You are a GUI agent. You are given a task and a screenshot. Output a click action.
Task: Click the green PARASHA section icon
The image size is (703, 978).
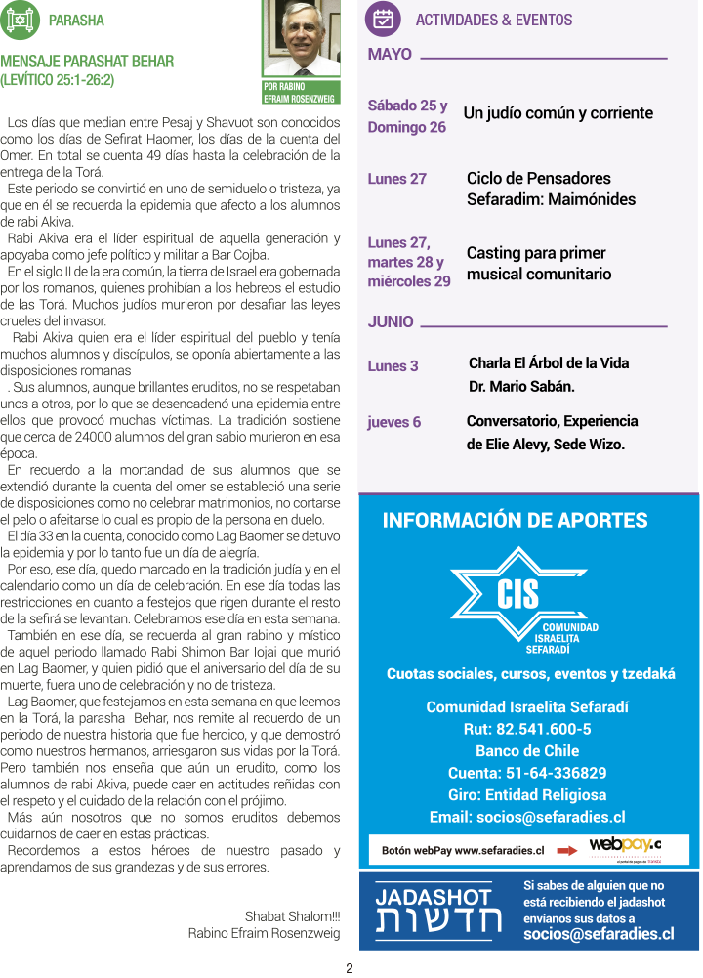point(21,20)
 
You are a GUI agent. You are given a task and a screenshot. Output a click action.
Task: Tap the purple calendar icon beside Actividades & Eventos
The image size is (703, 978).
point(383,20)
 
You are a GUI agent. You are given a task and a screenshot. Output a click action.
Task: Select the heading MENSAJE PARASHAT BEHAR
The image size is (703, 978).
point(87,62)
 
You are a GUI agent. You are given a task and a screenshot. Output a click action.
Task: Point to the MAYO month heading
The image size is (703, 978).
point(390,55)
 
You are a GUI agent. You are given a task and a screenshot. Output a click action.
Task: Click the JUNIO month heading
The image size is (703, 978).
point(391,321)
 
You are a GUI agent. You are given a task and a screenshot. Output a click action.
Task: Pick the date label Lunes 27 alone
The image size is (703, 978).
point(396,179)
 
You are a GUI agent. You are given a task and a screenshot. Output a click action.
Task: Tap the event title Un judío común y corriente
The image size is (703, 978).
point(558,113)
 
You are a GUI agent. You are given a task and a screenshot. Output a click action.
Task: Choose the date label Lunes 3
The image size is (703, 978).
point(393,366)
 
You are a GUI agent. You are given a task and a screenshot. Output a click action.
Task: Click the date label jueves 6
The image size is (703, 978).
point(393,422)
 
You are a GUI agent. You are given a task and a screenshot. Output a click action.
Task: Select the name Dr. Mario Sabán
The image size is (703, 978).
point(521,386)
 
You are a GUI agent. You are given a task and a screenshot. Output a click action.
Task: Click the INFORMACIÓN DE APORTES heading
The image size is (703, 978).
point(515,521)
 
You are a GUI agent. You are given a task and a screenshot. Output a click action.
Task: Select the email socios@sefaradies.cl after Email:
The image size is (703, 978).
point(551,817)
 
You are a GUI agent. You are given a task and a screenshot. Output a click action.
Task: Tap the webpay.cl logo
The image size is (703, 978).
point(625,846)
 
